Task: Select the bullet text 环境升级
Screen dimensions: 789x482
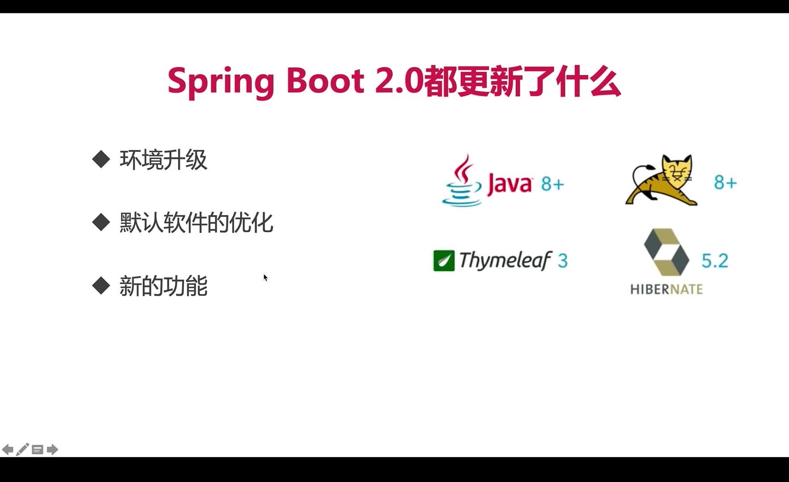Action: (x=163, y=160)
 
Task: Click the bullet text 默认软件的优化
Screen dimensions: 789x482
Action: (x=196, y=222)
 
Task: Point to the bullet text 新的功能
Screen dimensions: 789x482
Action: (x=163, y=286)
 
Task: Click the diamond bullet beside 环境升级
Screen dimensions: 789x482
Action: (x=101, y=159)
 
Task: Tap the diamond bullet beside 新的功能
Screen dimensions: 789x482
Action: (x=101, y=286)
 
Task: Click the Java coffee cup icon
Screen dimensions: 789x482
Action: (x=462, y=180)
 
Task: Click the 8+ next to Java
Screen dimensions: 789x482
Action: (x=552, y=183)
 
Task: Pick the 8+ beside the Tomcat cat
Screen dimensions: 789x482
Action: (x=725, y=182)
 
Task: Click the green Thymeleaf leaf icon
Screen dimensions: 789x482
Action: (x=444, y=261)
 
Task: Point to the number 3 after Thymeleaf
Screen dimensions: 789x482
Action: (x=563, y=260)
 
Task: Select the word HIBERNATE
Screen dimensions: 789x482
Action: (x=666, y=289)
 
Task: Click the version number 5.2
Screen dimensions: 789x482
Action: (x=714, y=261)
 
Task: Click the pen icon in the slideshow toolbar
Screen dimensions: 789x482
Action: (x=22, y=449)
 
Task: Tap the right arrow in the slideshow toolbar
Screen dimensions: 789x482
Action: (x=52, y=449)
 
